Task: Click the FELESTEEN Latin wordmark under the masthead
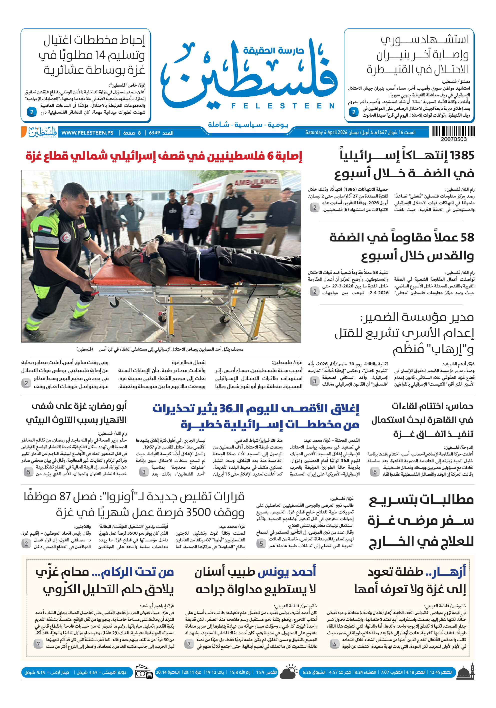click(283, 106)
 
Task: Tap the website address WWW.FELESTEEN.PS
click(87, 133)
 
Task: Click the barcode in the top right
click(453, 132)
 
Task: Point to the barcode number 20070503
click(453, 139)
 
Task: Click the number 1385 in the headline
click(462, 155)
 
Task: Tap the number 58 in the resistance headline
click(467, 238)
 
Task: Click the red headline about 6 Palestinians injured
click(163, 156)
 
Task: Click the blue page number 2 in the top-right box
click(354, 112)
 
